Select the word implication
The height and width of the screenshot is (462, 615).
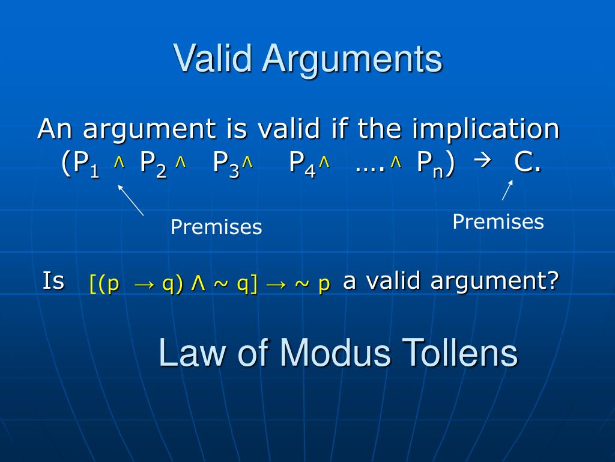[486, 129]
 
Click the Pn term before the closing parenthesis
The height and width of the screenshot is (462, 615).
[430, 163]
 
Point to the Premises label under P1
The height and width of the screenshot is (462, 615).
[216, 227]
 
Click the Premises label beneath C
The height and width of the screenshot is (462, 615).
[498, 222]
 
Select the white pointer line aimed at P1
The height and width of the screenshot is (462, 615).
[131, 200]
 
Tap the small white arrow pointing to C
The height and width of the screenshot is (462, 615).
[507, 190]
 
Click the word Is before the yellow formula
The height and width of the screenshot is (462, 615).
[53, 280]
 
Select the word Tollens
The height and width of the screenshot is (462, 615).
[460, 353]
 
